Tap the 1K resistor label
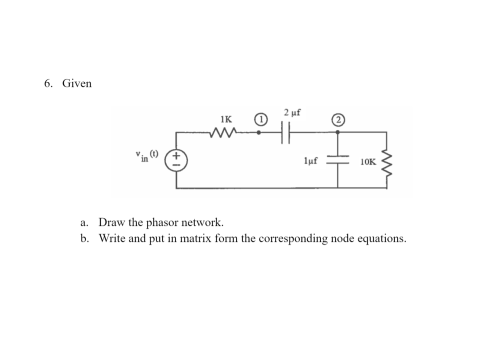coord(226,119)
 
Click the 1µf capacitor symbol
coord(337,158)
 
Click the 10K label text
coord(367,162)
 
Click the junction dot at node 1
coord(259,132)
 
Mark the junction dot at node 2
coord(337,132)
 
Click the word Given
coord(77,83)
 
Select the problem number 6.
coord(47,83)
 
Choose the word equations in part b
coord(380,238)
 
